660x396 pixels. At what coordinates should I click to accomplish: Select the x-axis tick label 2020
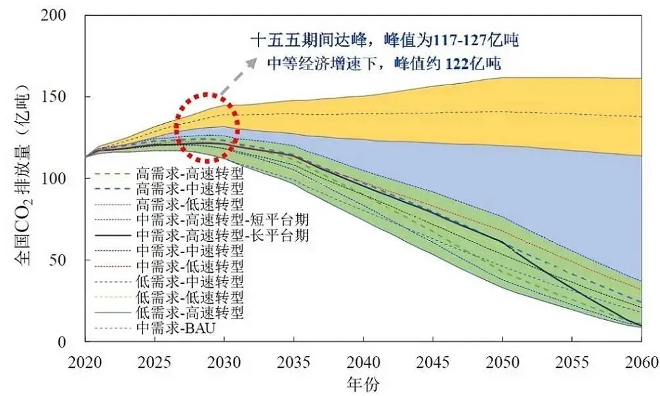[x=85, y=361]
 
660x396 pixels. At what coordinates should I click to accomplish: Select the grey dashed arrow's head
[x=253, y=60]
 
